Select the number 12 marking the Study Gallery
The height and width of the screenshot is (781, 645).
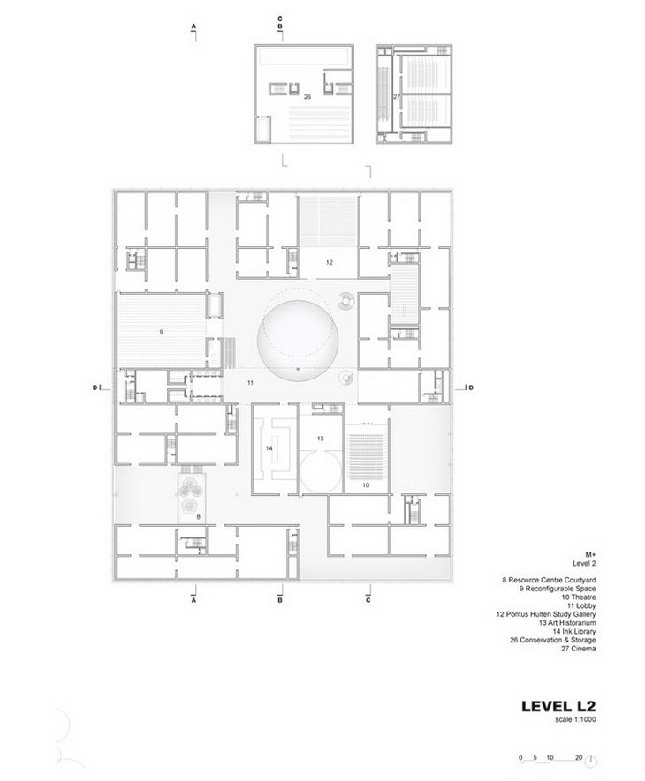329,262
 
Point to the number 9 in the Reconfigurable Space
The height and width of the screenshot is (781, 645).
162,332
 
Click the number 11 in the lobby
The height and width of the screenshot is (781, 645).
251,383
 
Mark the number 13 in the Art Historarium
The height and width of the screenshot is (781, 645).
321,438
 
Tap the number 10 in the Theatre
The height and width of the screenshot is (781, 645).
367,485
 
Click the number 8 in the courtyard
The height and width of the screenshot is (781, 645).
198,516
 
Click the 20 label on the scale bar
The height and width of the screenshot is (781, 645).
579,757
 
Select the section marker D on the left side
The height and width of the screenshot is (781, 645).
94,387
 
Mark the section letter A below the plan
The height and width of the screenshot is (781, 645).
193,599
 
